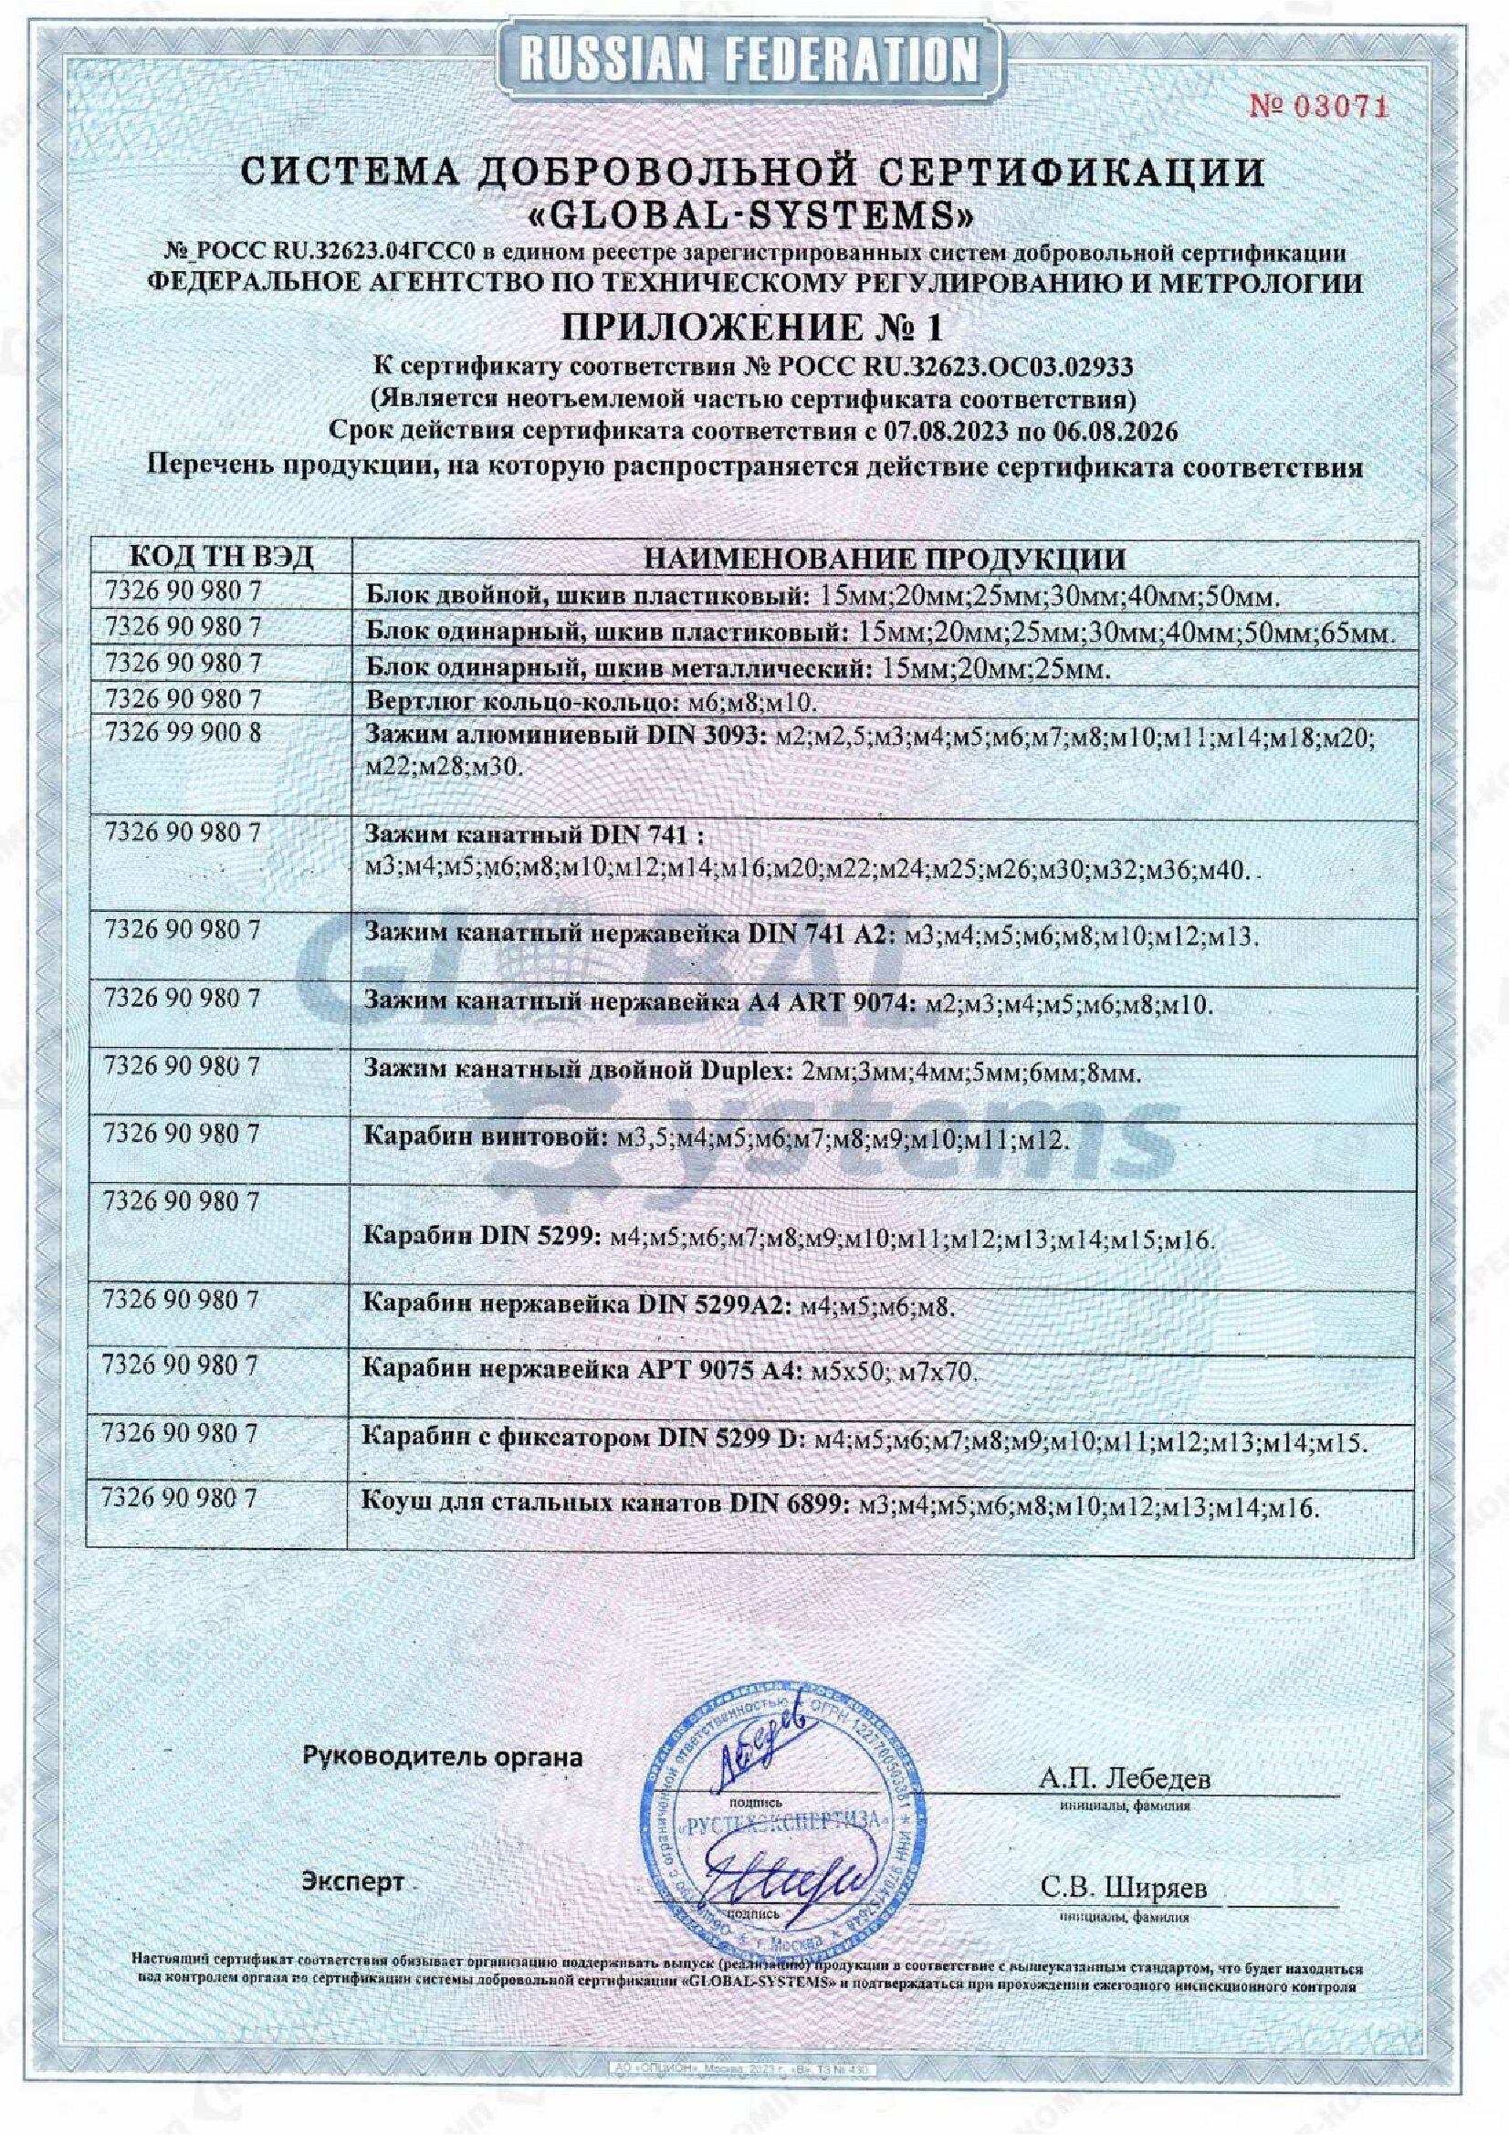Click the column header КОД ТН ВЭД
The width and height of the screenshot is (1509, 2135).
coord(220,557)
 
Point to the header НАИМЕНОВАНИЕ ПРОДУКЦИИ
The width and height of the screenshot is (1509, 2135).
coord(885,558)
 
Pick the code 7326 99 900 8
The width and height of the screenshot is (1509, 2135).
coord(184,733)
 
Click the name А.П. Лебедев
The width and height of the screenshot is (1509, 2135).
coord(1125,1778)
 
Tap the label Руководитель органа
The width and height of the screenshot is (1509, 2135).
coord(443,1756)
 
